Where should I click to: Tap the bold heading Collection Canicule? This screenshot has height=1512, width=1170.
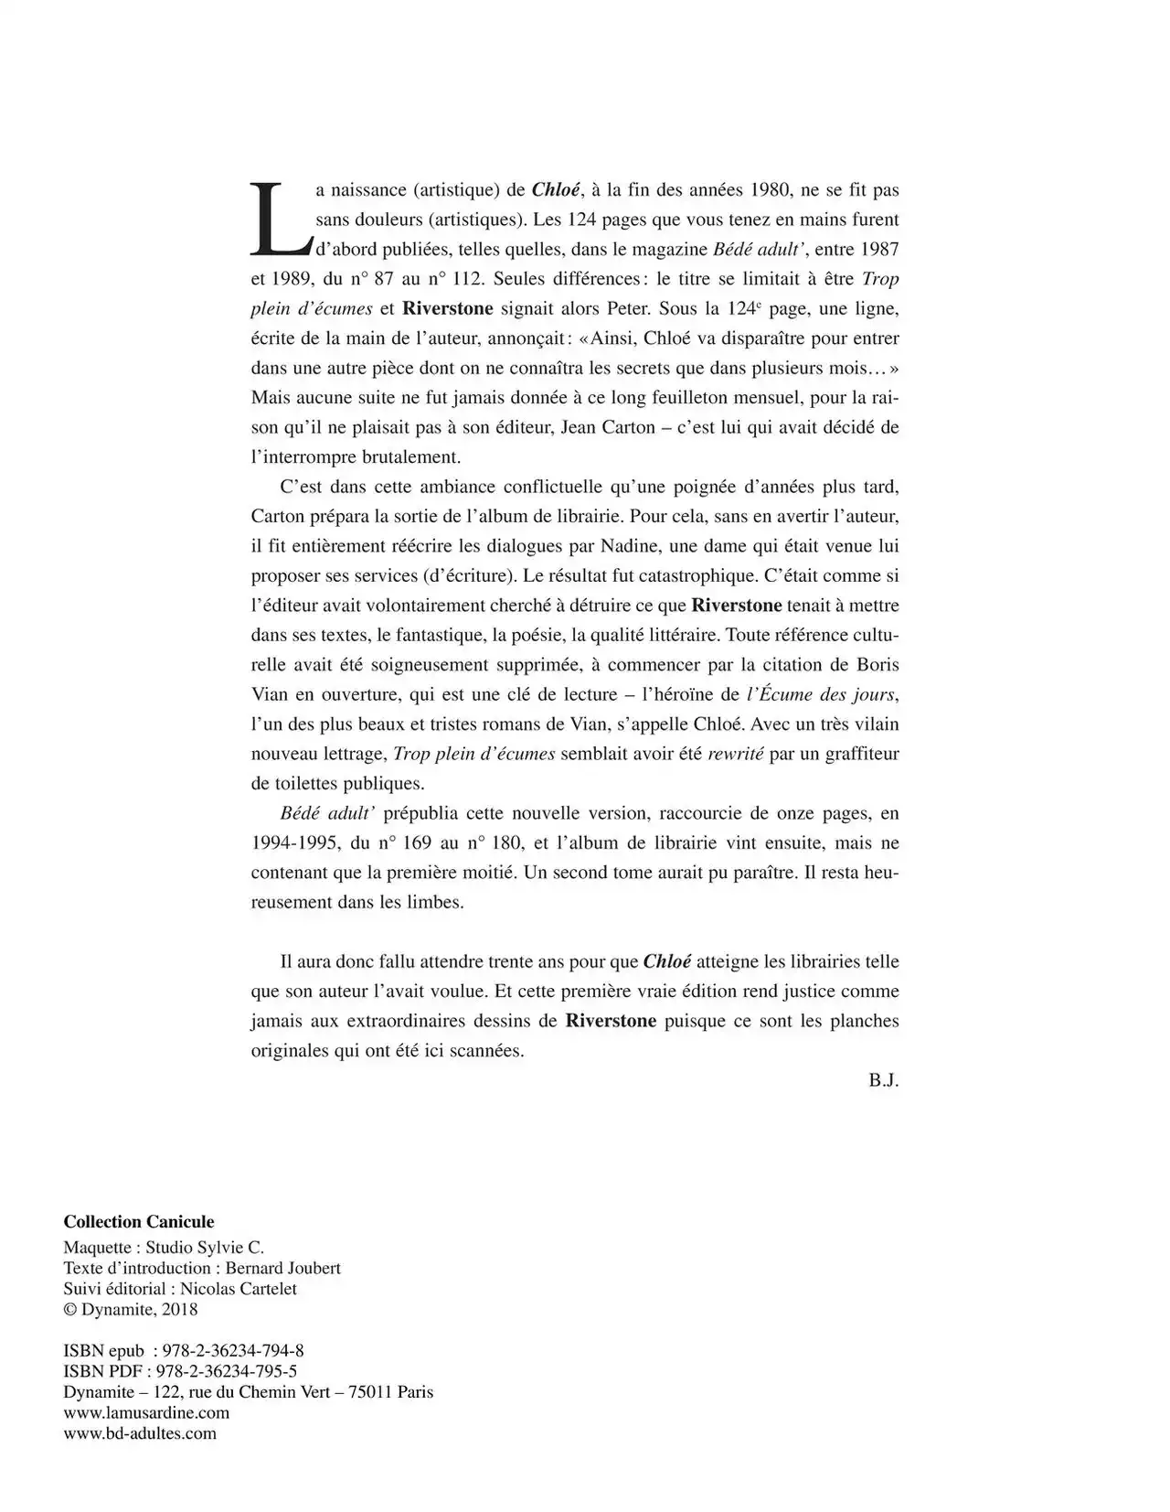139,1222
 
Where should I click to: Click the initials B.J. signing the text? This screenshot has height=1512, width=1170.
884,1080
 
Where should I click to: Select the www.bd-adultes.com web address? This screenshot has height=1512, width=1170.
140,1433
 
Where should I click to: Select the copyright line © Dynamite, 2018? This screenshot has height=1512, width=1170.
131,1309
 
